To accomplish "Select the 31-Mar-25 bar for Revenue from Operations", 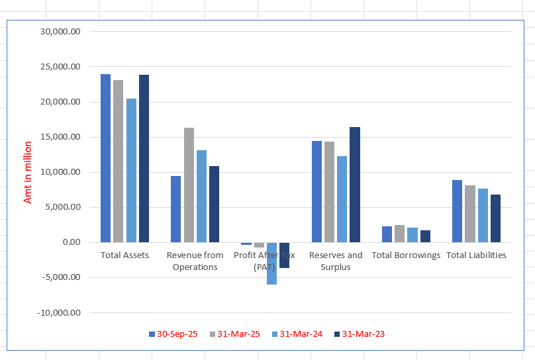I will pos(189,185).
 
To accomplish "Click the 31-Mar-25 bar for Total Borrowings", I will pos(399,234).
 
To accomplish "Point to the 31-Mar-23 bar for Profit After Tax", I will pos(284,255).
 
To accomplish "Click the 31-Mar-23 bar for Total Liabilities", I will pos(495,218).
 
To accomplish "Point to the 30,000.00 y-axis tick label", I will pos(60,32).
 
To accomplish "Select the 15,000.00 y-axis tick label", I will pos(60,137).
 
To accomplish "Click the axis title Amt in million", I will pos(28,172).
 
